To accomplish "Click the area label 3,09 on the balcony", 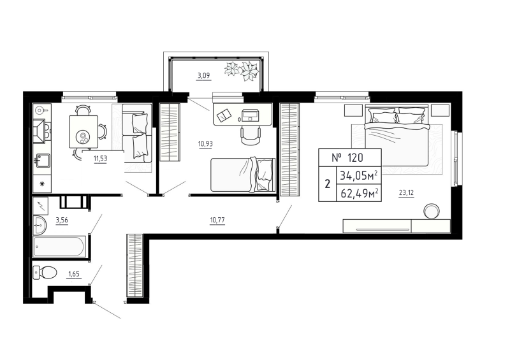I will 203,76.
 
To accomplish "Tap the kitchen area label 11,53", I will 99,159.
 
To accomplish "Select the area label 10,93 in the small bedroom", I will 205,143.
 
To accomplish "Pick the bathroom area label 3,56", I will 62,221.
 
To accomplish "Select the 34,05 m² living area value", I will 360,175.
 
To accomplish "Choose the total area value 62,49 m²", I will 360,192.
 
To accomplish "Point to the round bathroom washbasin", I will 39,225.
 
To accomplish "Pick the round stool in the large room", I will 433,210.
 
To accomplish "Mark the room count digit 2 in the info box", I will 328,185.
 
